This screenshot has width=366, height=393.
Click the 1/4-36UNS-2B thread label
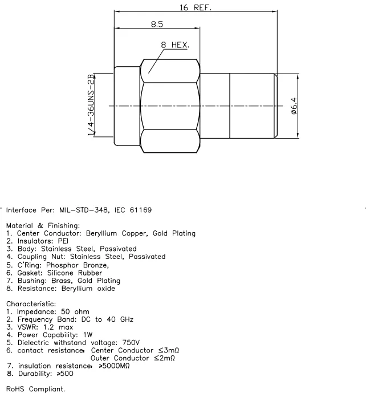pyautogui.click(x=91, y=105)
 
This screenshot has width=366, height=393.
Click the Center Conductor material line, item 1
pyautogui.click(x=101, y=233)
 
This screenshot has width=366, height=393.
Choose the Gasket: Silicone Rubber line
pyautogui.click(x=54, y=273)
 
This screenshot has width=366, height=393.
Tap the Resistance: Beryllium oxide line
pyautogui.click(x=60, y=288)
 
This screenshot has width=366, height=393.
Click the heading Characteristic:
pyautogui.click(x=30, y=303)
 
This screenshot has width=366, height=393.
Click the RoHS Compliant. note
pyautogui.click(x=35, y=389)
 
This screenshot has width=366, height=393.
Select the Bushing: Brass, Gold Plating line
pyautogui.click(x=63, y=280)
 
